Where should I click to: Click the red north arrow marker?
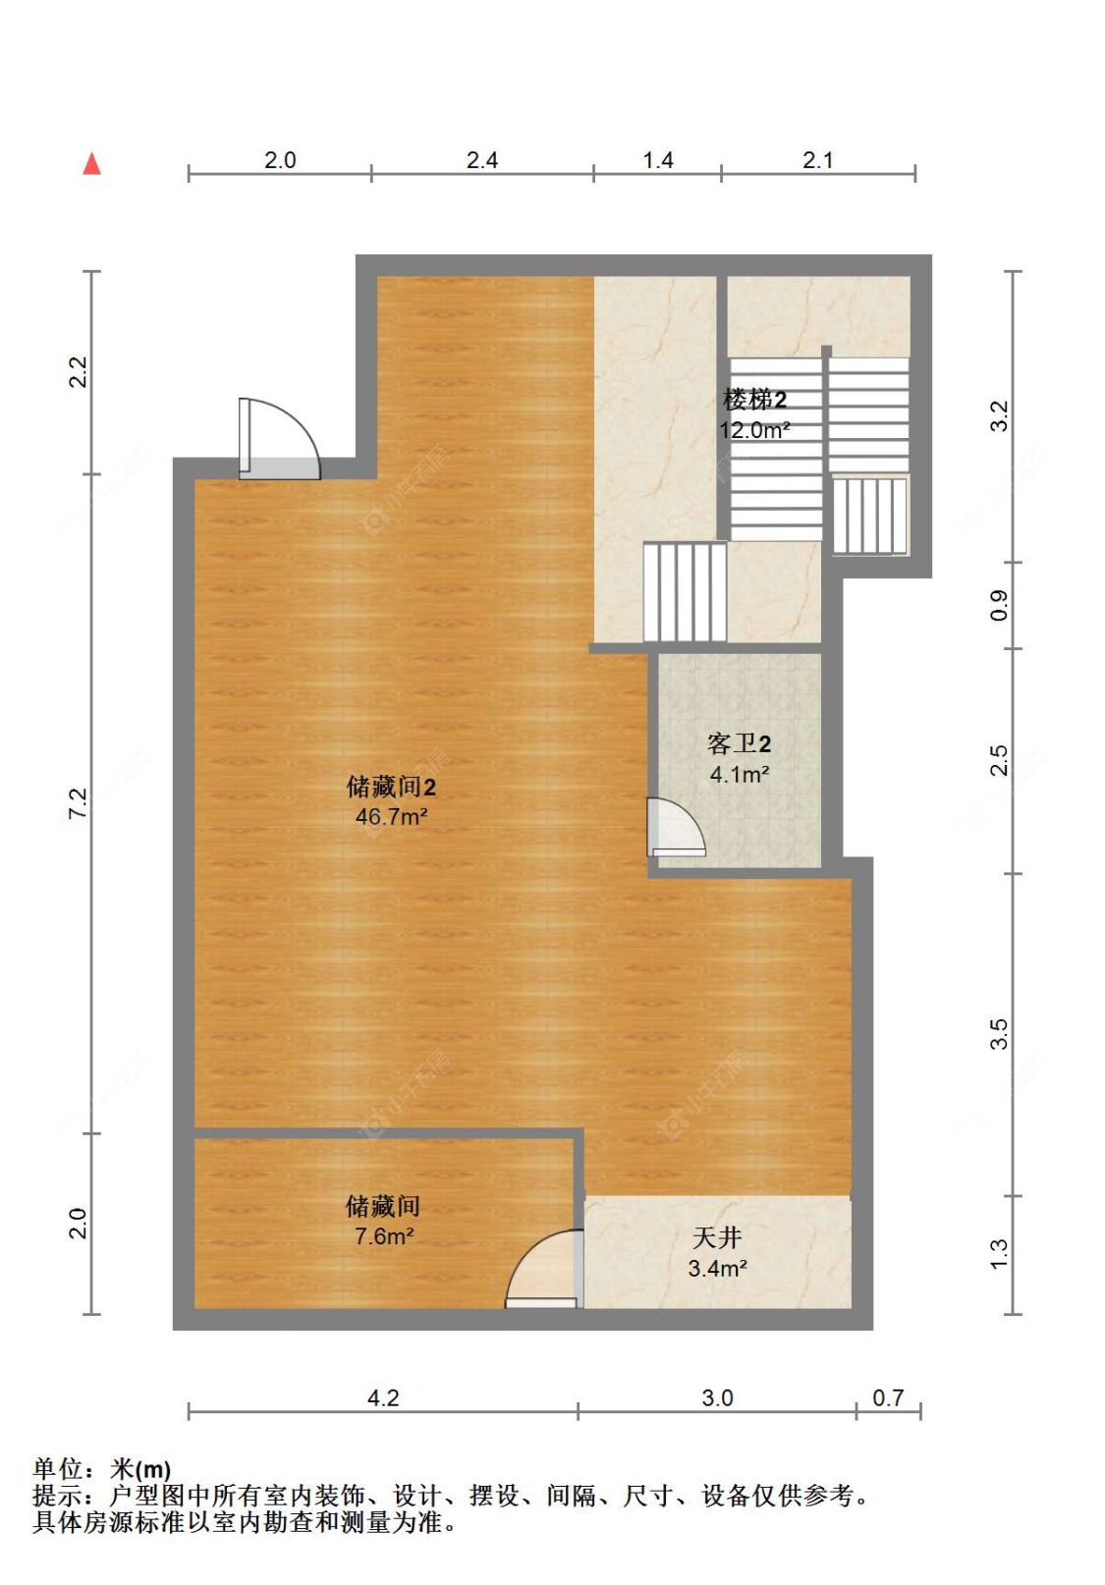pos(91,164)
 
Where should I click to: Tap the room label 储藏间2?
pos(390,787)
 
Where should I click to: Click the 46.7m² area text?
pos(391,817)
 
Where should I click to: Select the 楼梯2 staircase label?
pos(754,400)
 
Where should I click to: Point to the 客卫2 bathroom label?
pos(739,744)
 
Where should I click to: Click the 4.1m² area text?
pos(739,775)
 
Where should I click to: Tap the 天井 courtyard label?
pos(717,1237)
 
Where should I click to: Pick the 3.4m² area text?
pos(717,1269)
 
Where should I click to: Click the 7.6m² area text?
pos(384,1236)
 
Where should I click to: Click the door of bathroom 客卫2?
pos(674,828)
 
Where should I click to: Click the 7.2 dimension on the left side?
pos(78,803)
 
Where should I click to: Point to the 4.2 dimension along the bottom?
pos(383,1397)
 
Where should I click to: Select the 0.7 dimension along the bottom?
pos(888,1397)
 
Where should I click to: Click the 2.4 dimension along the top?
pos(482,160)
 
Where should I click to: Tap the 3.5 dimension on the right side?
pos(999,1034)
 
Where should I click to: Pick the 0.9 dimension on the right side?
pos(999,605)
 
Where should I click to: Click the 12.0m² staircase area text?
pos(754,430)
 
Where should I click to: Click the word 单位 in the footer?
pos(58,1469)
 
